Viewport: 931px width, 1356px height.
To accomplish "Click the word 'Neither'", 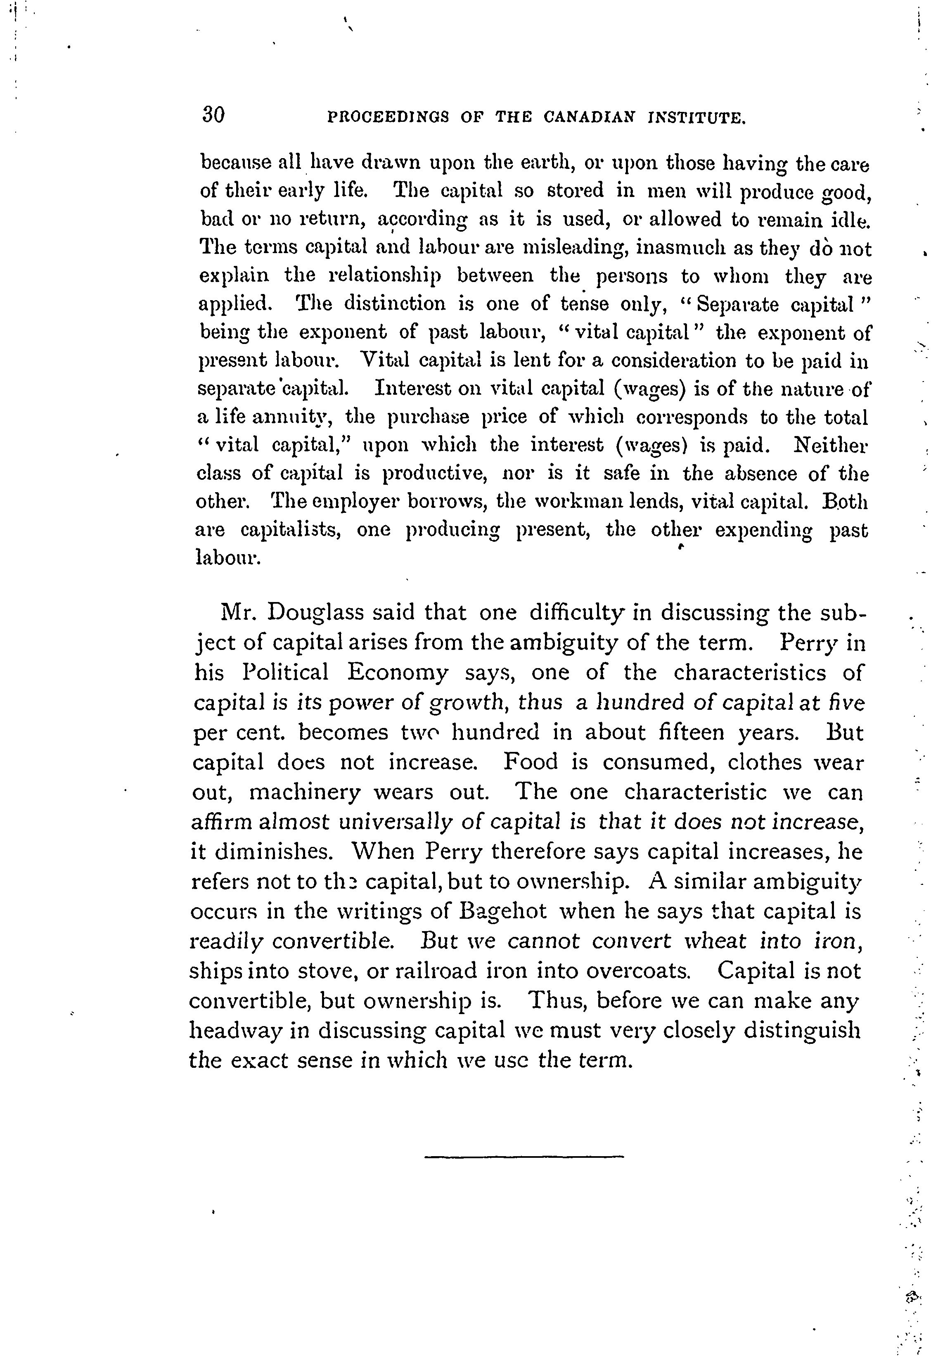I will click(831, 446).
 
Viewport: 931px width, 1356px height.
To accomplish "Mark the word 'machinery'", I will click(305, 793).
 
